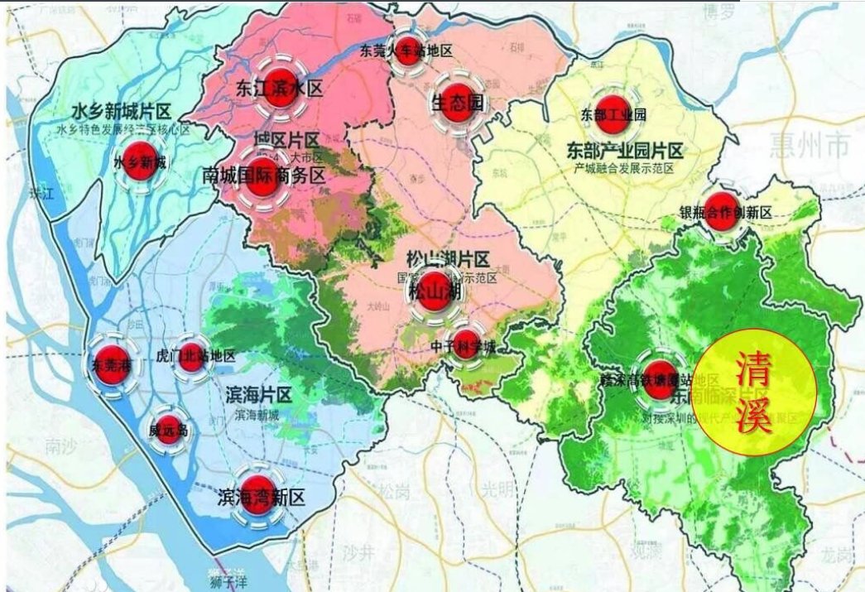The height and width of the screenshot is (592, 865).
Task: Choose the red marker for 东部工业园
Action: pos(613,115)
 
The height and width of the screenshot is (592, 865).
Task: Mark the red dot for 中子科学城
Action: pos(464,342)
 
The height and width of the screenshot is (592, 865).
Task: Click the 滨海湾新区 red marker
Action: pos(260,493)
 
